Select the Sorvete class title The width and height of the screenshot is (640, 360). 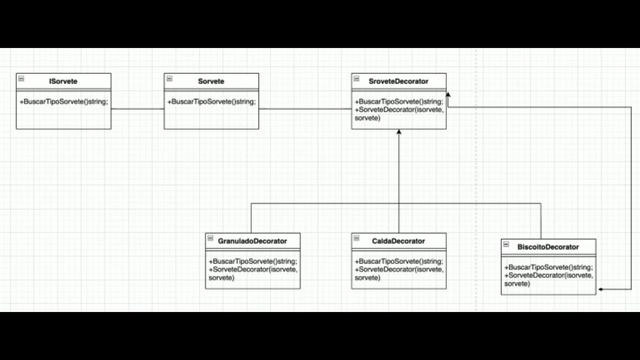tap(212, 81)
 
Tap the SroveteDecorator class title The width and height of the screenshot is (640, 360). tap(399, 81)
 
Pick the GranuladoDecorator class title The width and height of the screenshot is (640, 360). tap(252, 241)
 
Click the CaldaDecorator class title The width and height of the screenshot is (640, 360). tap(399, 241)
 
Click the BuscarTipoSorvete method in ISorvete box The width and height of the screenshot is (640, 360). tap(63, 101)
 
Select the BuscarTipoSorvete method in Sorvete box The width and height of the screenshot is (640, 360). tap(211, 101)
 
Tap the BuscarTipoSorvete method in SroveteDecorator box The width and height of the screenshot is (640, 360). tap(397, 101)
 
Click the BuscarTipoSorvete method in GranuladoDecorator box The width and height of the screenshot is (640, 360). tap(252, 261)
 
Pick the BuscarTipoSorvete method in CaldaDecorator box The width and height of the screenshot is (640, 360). tap(398, 261)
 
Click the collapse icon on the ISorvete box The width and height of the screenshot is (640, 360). tap(21, 79)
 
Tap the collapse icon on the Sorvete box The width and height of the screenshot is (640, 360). tap(169, 79)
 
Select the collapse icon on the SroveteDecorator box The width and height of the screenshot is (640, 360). tap(357, 79)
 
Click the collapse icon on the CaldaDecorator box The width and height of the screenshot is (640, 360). tap(357, 240)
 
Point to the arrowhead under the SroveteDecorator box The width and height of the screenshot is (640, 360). tap(399, 132)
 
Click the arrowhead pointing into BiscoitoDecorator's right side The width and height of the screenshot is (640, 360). tap(602, 289)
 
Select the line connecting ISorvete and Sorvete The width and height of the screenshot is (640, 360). tap(138, 108)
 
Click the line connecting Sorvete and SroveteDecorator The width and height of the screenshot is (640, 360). tap(305, 108)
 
